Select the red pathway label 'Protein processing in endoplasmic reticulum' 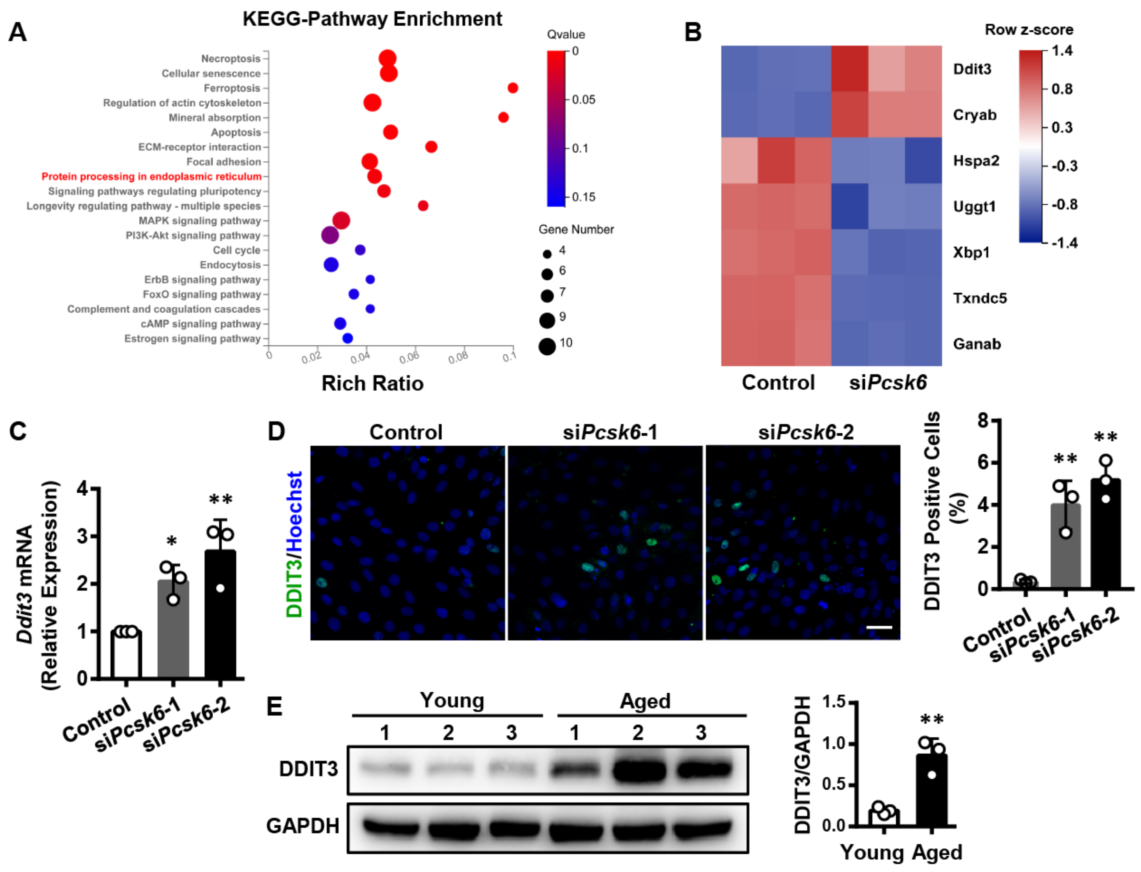[x=151, y=176]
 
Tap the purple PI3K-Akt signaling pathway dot [x=330, y=235]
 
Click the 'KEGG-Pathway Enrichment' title [x=372, y=19]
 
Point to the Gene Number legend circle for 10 [x=547, y=346]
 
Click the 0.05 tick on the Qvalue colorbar [x=583, y=100]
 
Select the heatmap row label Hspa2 [x=975, y=161]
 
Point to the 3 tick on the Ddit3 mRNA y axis [x=82, y=536]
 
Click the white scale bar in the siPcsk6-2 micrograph [x=879, y=627]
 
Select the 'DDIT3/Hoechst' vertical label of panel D [x=294, y=544]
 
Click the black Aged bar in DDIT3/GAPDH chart [x=931, y=791]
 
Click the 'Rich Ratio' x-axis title [x=372, y=383]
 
